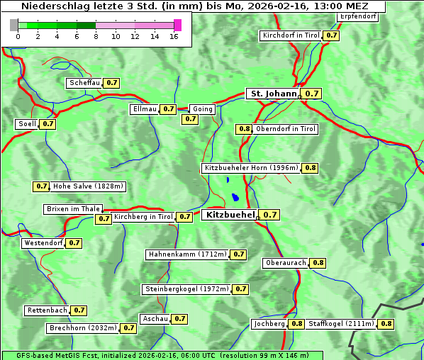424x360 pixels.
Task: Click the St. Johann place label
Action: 273,94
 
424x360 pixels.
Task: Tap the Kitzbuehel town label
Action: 228,214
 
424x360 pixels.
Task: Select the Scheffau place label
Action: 84,83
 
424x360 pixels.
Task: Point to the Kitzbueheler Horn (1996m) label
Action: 251,168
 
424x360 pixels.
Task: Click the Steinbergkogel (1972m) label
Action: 186,289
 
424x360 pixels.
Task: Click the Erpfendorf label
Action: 357,16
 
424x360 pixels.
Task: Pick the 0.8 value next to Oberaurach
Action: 318,263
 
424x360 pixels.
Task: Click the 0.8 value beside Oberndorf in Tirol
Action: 245,129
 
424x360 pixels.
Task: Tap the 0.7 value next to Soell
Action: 48,124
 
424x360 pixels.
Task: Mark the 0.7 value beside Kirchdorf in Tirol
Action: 331,35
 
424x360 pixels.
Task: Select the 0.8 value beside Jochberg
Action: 296,324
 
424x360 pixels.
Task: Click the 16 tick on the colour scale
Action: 174,36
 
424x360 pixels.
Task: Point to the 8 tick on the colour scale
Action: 96,36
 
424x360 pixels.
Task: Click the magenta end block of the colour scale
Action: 177,25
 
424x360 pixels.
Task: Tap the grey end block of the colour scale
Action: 14,25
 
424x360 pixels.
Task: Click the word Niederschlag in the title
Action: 49,6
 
